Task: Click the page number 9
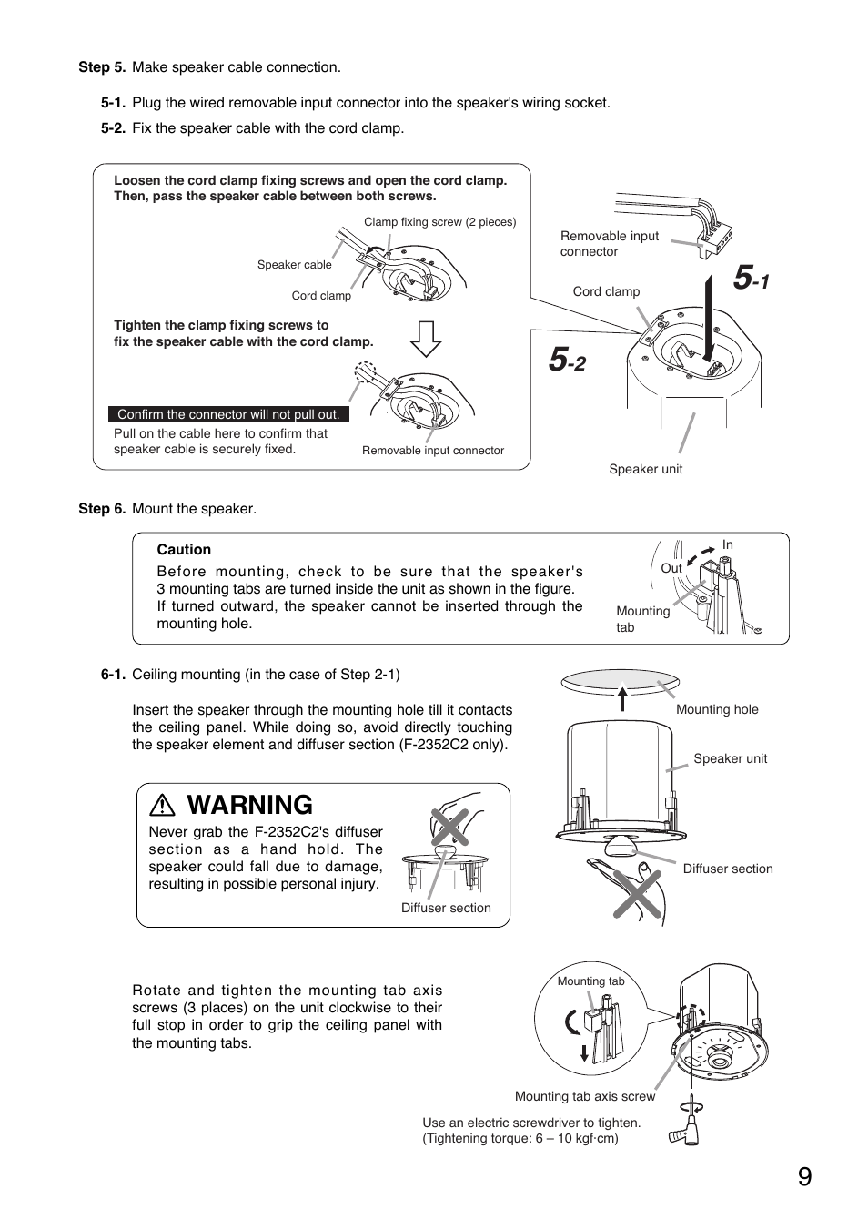coord(804,1177)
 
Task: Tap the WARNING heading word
coord(249,805)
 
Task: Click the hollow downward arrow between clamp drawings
coord(425,339)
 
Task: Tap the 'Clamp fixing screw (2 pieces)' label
coord(439,222)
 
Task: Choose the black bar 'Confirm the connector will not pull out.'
coord(228,414)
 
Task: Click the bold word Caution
coord(184,550)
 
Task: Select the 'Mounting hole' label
coord(717,709)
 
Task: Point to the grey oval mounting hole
coord(621,680)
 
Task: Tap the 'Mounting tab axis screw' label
coord(585,1096)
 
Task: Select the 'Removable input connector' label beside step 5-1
coord(609,244)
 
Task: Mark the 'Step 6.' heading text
coord(102,509)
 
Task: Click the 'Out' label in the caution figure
coord(671,568)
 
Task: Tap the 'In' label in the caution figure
coord(727,545)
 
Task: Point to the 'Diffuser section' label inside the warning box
coord(446,908)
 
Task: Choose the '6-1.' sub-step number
coord(113,675)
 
